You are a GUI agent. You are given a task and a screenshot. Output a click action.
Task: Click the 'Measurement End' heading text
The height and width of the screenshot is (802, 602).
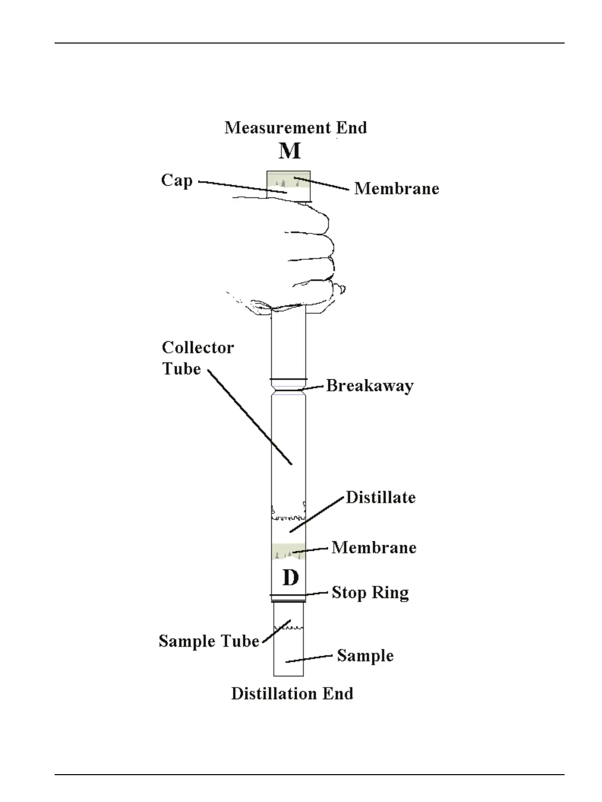[x=295, y=128]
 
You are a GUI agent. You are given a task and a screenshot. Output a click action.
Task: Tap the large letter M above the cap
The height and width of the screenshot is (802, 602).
[x=289, y=151]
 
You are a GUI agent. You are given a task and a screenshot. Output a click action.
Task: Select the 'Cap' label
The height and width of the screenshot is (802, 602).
[x=177, y=181]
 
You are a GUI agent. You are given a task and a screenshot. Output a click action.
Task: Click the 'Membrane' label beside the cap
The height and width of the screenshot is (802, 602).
[x=396, y=188]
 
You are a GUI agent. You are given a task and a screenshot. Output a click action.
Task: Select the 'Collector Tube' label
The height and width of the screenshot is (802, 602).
[x=197, y=358]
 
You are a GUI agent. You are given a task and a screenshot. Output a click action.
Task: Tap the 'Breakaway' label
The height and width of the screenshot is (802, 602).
[x=369, y=386]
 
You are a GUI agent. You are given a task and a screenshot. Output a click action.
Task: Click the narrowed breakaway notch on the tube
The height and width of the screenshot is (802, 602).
[x=288, y=389]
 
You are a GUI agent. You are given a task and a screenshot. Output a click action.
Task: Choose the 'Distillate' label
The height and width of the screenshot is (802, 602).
[x=380, y=497]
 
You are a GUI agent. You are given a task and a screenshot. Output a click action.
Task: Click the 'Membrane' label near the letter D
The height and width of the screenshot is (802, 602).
[x=373, y=547]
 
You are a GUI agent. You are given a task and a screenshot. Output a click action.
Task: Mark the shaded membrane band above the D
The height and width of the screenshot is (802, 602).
[x=288, y=551]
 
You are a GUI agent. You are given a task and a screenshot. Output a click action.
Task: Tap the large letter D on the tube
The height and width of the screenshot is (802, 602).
[x=290, y=577]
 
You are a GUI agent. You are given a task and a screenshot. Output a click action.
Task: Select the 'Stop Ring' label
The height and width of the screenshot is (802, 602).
[x=370, y=592]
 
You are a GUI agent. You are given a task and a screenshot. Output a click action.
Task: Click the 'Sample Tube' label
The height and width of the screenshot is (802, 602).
[x=208, y=641]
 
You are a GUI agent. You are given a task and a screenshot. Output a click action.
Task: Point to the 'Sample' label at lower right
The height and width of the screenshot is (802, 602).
[x=365, y=656]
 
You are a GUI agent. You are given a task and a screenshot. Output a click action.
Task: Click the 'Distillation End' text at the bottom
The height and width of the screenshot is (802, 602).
[x=292, y=694]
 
